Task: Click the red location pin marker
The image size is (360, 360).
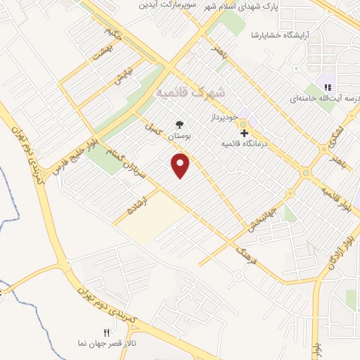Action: coord(181,165)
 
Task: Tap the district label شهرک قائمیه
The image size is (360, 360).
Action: coord(190,92)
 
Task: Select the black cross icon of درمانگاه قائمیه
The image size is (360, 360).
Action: coord(244,132)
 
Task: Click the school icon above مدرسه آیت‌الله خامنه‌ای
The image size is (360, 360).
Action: coord(327,87)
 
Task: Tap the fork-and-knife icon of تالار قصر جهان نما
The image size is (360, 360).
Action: coord(106,332)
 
